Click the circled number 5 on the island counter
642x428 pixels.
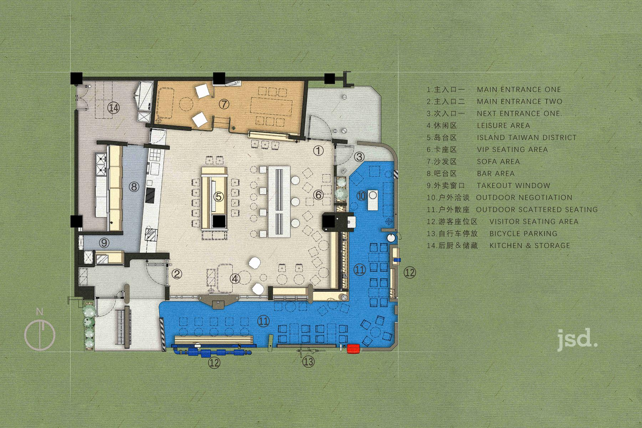(x=219, y=196)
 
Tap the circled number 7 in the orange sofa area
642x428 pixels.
(x=224, y=104)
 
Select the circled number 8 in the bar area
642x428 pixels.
(x=134, y=186)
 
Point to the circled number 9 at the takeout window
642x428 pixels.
(x=104, y=243)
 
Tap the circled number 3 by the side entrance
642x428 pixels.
(x=359, y=156)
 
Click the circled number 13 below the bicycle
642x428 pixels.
(x=309, y=362)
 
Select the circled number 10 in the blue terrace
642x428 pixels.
(x=362, y=196)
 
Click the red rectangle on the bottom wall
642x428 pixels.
(x=353, y=348)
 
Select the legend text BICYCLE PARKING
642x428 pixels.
(x=523, y=234)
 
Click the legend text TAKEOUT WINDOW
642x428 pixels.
(x=514, y=185)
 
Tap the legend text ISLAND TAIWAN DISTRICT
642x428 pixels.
(x=527, y=137)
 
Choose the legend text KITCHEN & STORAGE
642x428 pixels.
(x=530, y=245)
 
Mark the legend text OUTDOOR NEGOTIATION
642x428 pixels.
(x=524, y=198)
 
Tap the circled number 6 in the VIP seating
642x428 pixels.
(x=319, y=195)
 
